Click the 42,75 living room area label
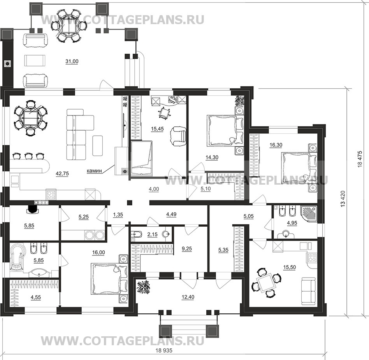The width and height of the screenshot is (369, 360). pyautogui.click(x=62, y=174)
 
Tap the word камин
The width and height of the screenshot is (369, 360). pyautogui.click(x=94, y=171)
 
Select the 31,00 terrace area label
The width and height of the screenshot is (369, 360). pyautogui.click(x=72, y=61)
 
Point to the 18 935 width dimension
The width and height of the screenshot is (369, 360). pyautogui.click(x=164, y=351)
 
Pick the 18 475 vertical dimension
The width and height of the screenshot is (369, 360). pyautogui.click(x=360, y=159)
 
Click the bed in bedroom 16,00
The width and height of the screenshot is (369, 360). pyautogui.click(x=109, y=278)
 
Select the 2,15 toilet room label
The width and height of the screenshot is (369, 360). pyautogui.click(x=152, y=234)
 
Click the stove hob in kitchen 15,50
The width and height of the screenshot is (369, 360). pyautogui.click(x=312, y=257)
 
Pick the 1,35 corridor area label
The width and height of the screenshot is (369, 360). pyautogui.click(x=118, y=215)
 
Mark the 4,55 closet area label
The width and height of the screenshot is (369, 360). pyautogui.click(x=35, y=297)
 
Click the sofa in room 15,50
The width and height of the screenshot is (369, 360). pyautogui.click(x=308, y=291)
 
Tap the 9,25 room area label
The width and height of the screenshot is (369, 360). pyautogui.click(x=187, y=248)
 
